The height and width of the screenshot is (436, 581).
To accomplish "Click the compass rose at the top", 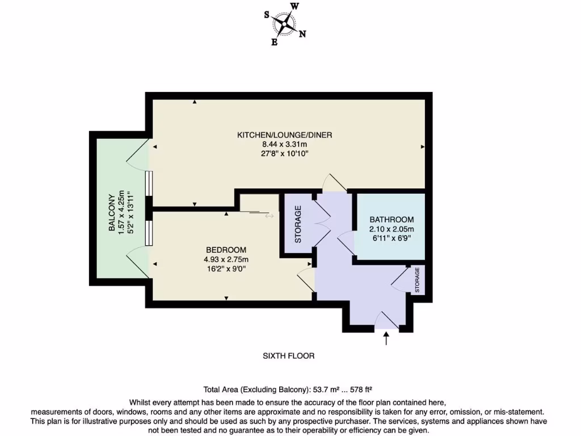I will [x=284, y=24].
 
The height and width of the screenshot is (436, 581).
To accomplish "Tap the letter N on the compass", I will [x=302, y=34].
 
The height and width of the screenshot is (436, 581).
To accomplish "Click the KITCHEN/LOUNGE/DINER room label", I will [x=284, y=135].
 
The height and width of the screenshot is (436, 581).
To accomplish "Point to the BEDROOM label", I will [x=226, y=250].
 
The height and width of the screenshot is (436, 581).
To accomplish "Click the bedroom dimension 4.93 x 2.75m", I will [x=226, y=259].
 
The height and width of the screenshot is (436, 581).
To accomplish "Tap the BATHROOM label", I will [x=391, y=220].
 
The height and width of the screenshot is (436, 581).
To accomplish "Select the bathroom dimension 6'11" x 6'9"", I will [x=391, y=238].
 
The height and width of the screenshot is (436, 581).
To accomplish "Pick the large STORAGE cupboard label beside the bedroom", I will [x=297, y=224].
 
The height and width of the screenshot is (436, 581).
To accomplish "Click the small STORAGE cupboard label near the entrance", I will [x=417, y=280].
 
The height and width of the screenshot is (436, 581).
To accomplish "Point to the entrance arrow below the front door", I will [x=387, y=339].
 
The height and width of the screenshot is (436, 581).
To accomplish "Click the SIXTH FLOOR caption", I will [x=288, y=356].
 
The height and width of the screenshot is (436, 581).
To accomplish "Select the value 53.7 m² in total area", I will [x=323, y=390].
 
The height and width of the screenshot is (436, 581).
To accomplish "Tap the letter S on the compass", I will [x=266, y=15].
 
